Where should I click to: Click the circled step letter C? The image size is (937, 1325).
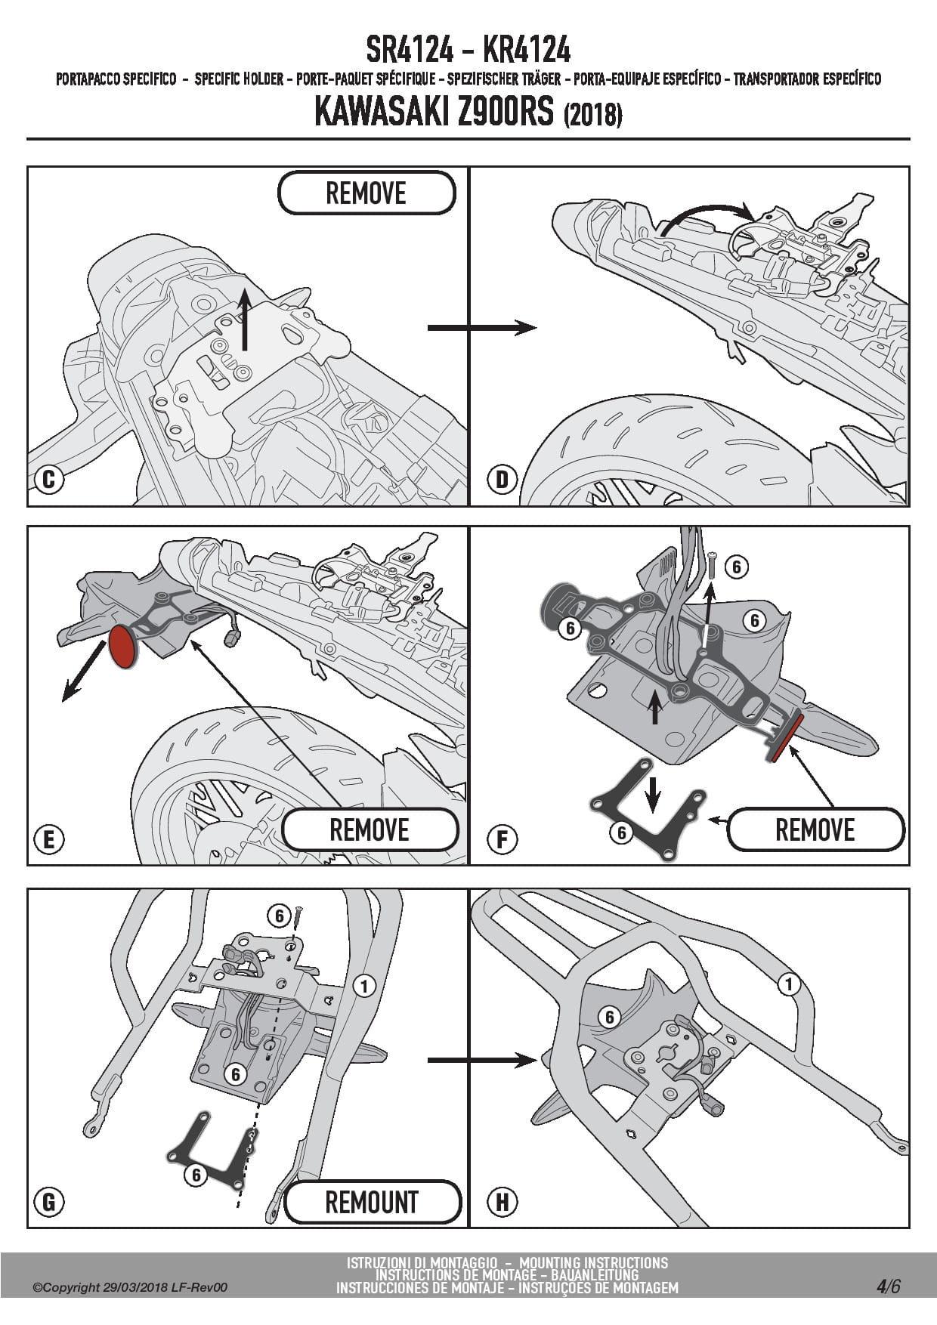click(x=49, y=480)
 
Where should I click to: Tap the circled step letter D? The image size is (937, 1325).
click(x=503, y=480)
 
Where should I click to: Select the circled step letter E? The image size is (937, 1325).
click(x=49, y=840)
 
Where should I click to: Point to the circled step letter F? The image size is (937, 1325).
click(x=503, y=840)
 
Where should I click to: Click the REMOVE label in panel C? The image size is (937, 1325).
click(x=366, y=193)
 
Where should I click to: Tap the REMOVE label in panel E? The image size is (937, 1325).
click(x=370, y=829)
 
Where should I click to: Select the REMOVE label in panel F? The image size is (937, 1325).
click(x=815, y=829)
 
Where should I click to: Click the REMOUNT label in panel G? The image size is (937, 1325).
click(x=372, y=1202)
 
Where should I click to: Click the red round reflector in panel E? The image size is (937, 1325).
click(x=122, y=646)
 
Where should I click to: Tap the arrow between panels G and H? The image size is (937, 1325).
click(x=481, y=1061)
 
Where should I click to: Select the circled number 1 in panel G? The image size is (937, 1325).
click(x=364, y=986)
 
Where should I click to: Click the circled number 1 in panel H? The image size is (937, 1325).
click(x=789, y=984)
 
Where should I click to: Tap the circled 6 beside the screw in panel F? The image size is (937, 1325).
click(x=736, y=567)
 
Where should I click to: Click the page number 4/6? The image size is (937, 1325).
click(x=889, y=1286)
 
